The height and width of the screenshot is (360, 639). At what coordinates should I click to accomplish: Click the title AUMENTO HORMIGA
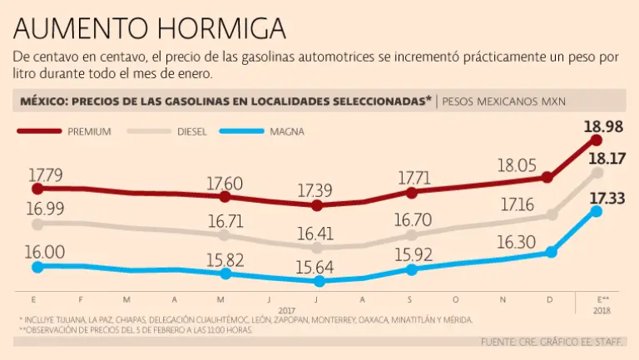point(150,29)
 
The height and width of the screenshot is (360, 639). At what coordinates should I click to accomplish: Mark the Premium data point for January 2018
point(596,140)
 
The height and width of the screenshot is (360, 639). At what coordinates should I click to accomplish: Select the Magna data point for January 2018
point(596,211)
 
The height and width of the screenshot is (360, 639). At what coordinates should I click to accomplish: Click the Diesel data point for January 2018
point(597,173)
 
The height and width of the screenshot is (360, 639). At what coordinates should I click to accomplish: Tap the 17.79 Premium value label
point(46,175)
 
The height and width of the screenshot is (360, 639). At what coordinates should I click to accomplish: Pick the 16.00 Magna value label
point(47,252)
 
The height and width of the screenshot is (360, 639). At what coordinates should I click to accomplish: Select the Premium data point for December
point(547,177)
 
